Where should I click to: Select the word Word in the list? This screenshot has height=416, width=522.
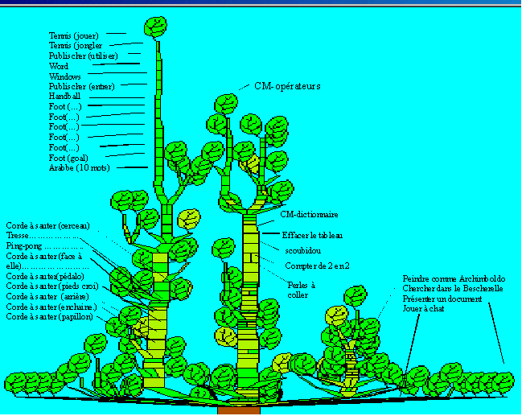click(x=59, y=66)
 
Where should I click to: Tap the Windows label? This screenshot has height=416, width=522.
click(x=65, y=76)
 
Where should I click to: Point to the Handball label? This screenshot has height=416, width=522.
click(x=65, y=96)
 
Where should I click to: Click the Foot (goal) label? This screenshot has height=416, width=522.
click(x=68, y=158)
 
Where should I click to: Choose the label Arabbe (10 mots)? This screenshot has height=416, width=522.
click(x=79, y=167)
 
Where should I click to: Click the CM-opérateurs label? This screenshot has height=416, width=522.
click(x=287, y=85)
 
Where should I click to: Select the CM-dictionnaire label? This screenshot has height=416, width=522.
click(x=309, y=215)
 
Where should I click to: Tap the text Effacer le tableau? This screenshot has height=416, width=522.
click(x=312, y=235)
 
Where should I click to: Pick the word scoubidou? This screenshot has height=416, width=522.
click(x=303, y=251)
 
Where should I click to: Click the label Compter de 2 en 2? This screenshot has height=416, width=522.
click(x=316, y=265)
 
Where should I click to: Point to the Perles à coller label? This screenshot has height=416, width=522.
click(x=302, y=289)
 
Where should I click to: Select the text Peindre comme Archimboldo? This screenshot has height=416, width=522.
click(x=452, y=278)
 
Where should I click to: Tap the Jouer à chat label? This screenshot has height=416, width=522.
click(x=425, y=308)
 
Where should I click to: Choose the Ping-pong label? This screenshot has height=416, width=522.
click(x=25, y=245)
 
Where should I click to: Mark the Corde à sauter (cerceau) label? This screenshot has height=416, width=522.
click(x=47, y=225)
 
